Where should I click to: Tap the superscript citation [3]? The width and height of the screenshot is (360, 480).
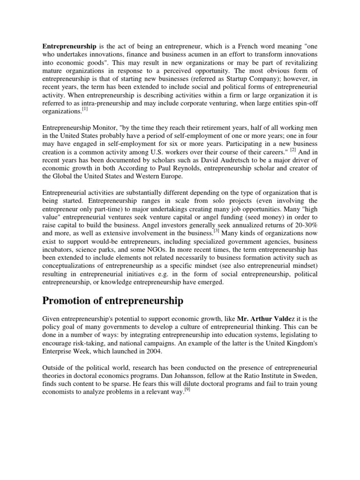(x=217, y=231)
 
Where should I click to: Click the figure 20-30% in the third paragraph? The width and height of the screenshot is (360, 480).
(x=303, y=224)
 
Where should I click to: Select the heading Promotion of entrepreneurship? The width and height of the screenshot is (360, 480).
(x=112, y=300)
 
